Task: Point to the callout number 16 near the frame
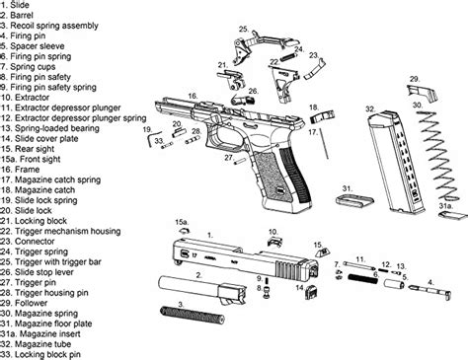pos(194,96)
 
